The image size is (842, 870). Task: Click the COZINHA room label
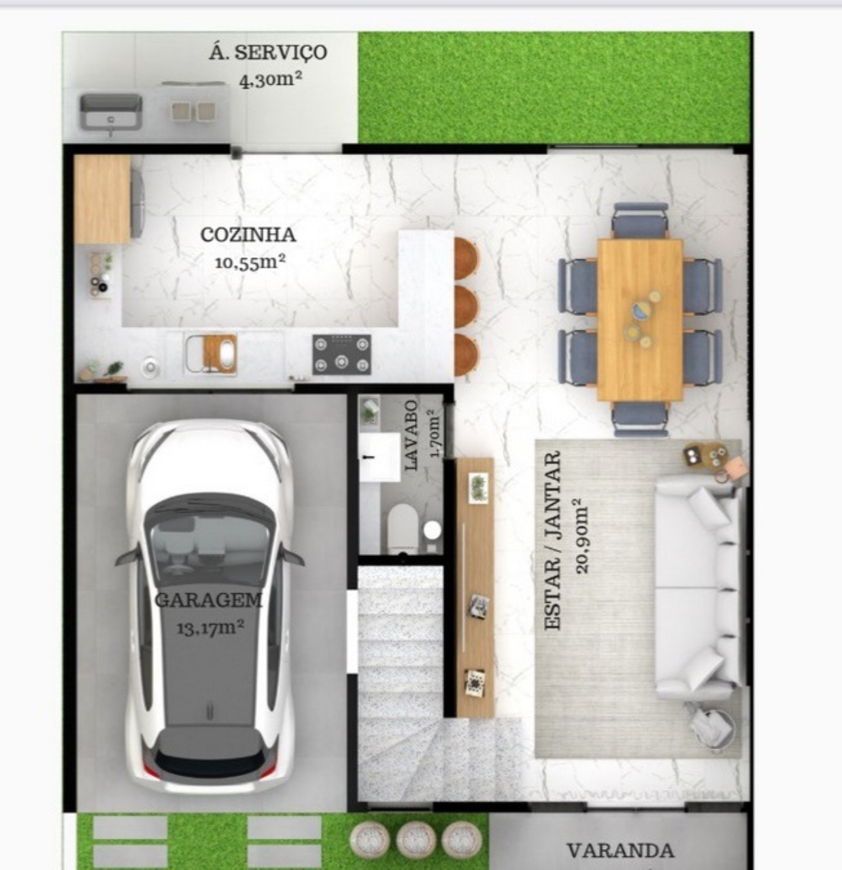click(x=248, y=235)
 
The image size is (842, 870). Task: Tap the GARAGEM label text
click(x=208, y=600)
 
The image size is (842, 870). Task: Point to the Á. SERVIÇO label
click(x=267, y=52)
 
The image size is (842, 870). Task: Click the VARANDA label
click(x=620, y=850)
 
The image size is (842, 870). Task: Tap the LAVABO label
click(x=411, y=435)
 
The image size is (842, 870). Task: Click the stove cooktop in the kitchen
click(x=341, y=354)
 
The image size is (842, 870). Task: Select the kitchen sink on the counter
click(x=211, y=354)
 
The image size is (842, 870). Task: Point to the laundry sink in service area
click(x=111, y=111)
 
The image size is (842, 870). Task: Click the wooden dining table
click(x=639, y=319)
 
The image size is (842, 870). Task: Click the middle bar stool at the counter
click(x=466, y=307)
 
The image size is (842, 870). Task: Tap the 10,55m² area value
click(x=250, y=262)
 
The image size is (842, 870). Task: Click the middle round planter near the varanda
click(x=416, y=840)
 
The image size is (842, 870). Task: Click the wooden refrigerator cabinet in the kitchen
click(x=102, y=199)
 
